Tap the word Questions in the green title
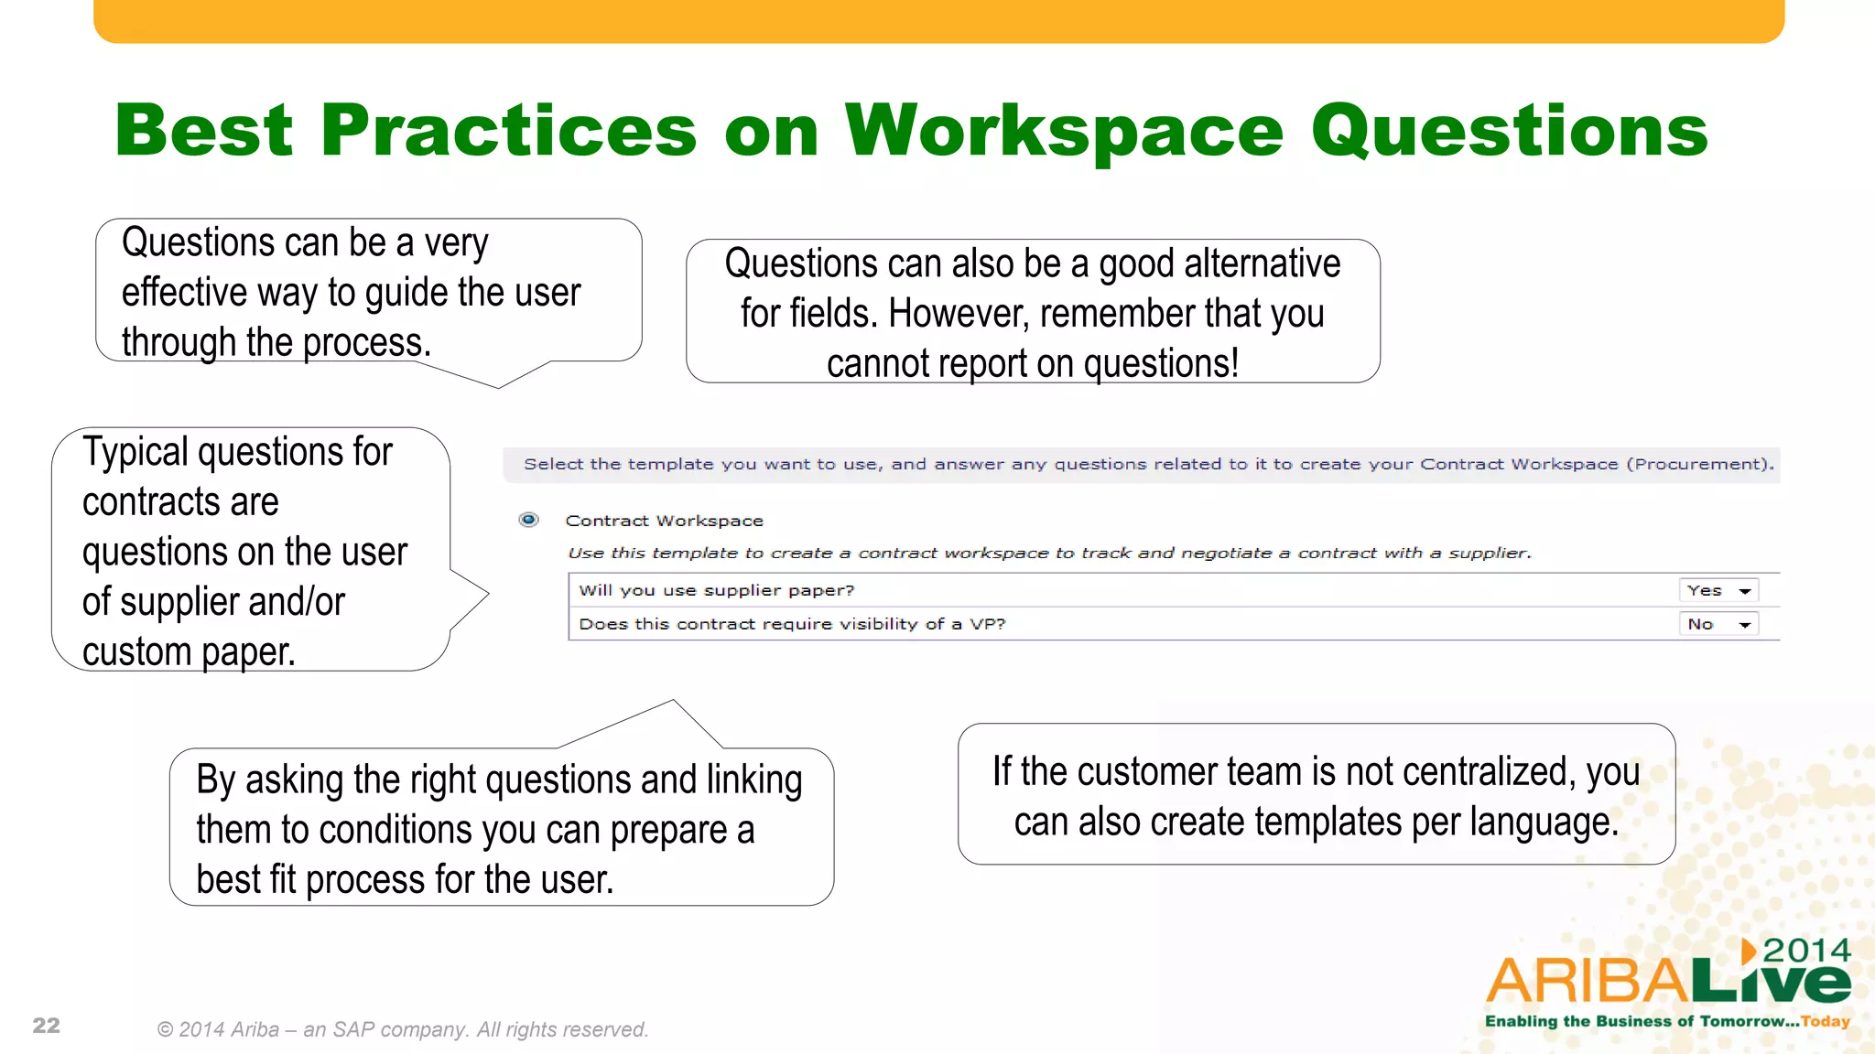click(1509, 131)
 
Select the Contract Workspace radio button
click(528, 520)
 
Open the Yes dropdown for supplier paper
click(1718, 591)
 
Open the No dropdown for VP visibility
click(1718, 625)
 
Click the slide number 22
click(46, 1026)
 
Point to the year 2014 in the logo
click(1806, 951)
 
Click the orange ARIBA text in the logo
click(1588, 981)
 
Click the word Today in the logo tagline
click(1825, 1021)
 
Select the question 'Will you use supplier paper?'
click(716, 591)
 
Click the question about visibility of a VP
click(792, 625)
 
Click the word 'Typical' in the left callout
click(135, 452)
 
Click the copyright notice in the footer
click(403, 1029)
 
